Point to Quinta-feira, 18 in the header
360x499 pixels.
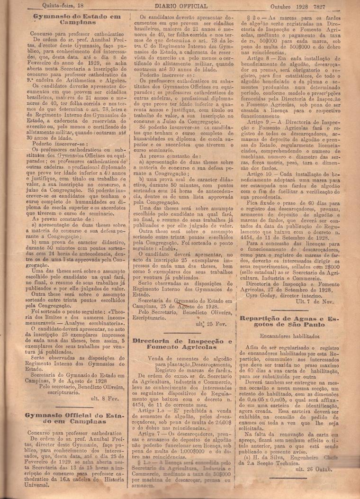coord(63,6)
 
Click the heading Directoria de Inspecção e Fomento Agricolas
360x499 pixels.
coord(182,344)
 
